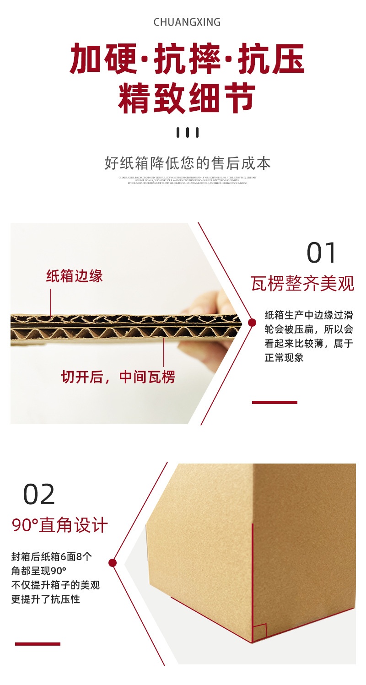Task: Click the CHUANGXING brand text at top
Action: click(x=187, y=22)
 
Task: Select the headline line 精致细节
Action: click(x=187, y=98)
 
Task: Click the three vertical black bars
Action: click(x=188, y=133)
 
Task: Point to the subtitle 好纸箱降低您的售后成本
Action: click(x=188, y=163)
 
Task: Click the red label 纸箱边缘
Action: click(x=75, y=276)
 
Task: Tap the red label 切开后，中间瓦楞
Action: click(x=118, y=377)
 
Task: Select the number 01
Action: click(x=322, y=253)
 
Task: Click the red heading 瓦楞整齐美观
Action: click(x=303, y=284)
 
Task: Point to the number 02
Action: click(x=39, y=494)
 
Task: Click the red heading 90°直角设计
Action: click(x=59, y=525)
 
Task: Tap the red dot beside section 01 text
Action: click(x=252, y=323)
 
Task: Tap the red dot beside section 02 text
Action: click(x=113, y=563)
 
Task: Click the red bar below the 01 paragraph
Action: click(x=274, y=402)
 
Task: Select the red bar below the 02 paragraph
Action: click(x=38, y=644)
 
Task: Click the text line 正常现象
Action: click(x=284, y=357)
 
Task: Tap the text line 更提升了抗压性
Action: click(x=45, y=599)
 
